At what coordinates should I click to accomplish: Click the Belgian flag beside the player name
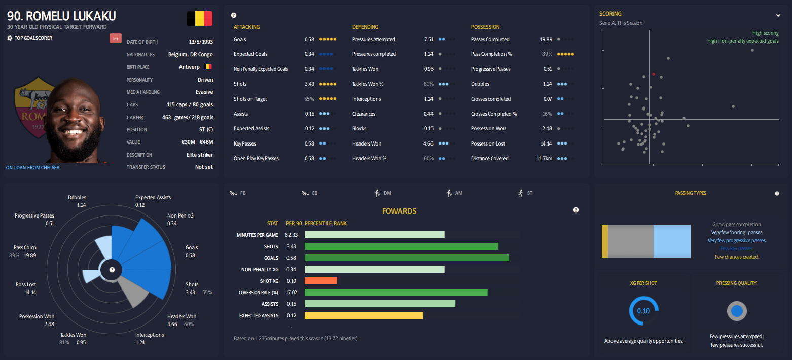(199, 19)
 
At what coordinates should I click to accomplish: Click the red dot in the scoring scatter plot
(653, 74)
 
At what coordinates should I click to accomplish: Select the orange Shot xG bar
(320, 281)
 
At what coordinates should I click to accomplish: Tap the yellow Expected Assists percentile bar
(364, 315)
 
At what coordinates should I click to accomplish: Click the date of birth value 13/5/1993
(200, 42)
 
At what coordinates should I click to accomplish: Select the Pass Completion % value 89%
(547, 54)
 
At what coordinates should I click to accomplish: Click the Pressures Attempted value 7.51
(428, 39)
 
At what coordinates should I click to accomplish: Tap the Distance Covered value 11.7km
(544, 158)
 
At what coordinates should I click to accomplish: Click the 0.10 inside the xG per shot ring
(643, 311)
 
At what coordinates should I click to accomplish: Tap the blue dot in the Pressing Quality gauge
(737, 311)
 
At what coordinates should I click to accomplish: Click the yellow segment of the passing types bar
(604, 241)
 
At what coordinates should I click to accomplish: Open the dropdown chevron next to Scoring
(778, 15)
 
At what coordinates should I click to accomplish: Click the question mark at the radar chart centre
(112, 270)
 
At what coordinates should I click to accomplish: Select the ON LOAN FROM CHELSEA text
(32, 167)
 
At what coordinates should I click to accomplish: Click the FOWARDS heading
(399, 211)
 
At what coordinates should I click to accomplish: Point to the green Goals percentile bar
(406, 258)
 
